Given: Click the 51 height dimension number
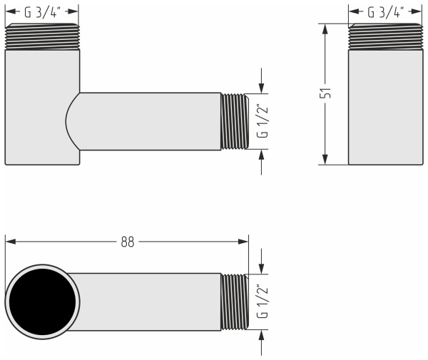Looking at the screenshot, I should pyautogui.click(x=326, y=93).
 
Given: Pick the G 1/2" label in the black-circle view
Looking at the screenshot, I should pyautogui.click(x=263, y=302).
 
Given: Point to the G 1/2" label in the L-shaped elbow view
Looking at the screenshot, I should pyautogui.click(x=263, y=121).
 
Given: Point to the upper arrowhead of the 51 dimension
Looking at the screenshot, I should pyautogui.click(x=326, y=29).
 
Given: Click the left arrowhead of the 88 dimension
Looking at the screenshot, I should pyautogui.click(x=11, y=241).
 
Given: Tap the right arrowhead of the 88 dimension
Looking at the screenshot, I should pyautogui.click(x=244, y=241).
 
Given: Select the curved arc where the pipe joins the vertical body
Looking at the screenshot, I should pyautogui.click(x=69, y=121).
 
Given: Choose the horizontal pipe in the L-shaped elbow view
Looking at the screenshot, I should pyautogui.click(x=150, y=121).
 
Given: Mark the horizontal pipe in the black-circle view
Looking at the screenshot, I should pyautogui.click(x=150, y=302).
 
